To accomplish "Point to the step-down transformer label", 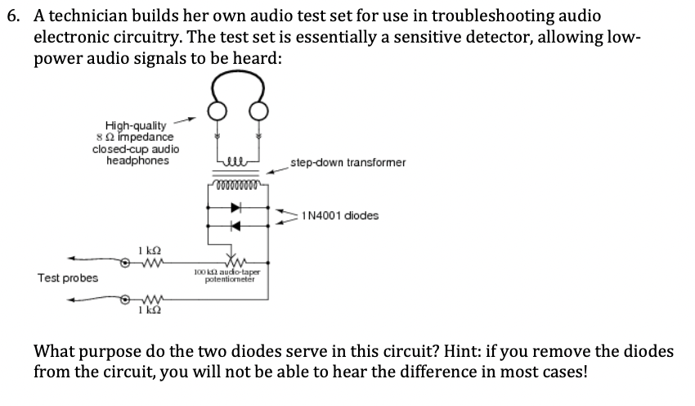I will [x=348, y=162].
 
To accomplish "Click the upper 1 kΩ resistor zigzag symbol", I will [x=147, y=262].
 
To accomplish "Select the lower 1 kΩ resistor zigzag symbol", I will [x=147, y=299].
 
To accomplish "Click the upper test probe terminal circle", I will [x=125, y=263].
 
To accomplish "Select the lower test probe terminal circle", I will [x=125, y=299].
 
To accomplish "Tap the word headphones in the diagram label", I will [x=138, y=160].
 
